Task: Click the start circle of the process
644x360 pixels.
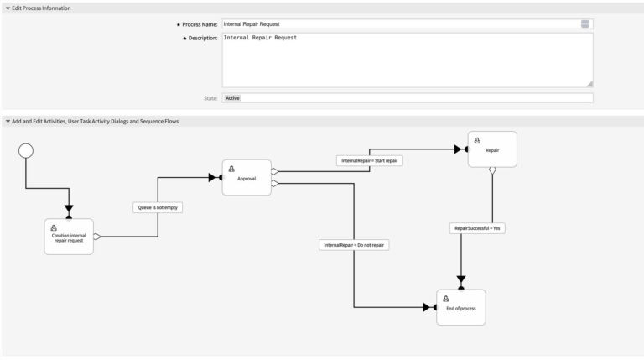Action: [x=26, y=151]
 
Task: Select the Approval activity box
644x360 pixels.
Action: [x=247, y=177]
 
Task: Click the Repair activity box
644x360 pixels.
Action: [x=492, y=149]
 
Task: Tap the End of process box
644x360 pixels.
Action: [x=460, y=307]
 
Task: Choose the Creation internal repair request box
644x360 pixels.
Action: [x=69, y=236]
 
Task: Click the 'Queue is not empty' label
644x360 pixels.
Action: [x=158, y=206]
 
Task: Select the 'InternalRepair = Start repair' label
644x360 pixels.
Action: [x=371, y=160]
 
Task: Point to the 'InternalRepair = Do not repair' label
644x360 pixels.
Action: [x=355, y=245]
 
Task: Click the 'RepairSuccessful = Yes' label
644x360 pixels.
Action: [x=478, y=227]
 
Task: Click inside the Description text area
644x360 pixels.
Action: [x=407, y=60]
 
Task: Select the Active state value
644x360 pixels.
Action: [x=232, y=98]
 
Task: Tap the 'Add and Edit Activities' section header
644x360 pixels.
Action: [x=94, y=121]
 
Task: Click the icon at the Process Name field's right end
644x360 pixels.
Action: [x=584, y=24]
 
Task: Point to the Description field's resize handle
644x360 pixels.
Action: [x=589, y=84]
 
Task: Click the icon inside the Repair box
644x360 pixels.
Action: [x=476, y=141]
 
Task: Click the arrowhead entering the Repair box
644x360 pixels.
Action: [x=460, y=149]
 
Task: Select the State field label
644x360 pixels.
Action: [x=210, y=98]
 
